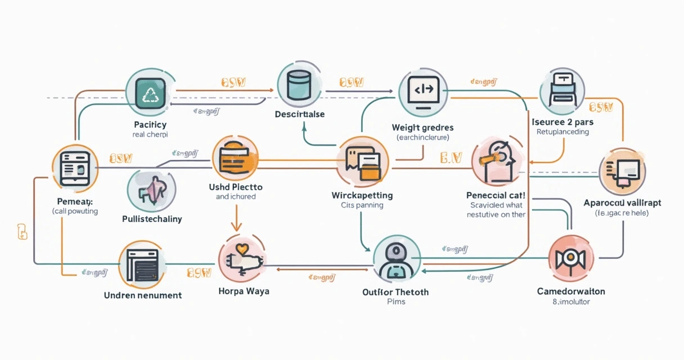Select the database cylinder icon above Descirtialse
pyautogui.click(x=299, y=85)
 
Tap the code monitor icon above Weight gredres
pyautogui.click(x=423, y=91)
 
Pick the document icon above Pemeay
pyautogui.click(x=74, y=167)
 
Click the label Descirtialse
pyautogui.click(x=299, y=114)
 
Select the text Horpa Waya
pyautogui.click(x=244, y=291)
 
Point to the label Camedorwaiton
pyautogui.click(x=570, y=291)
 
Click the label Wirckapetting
pyautogui.click(x=362, y=195)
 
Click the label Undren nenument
pyautogui.click(x=143, y=295)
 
